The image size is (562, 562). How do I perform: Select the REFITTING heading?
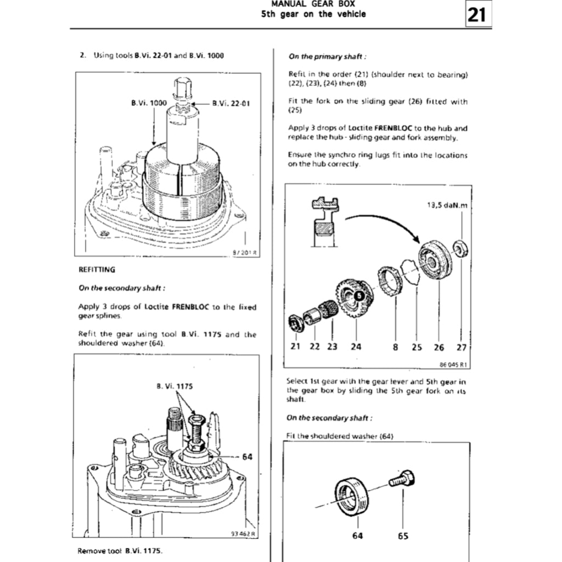click(x=97, y=269)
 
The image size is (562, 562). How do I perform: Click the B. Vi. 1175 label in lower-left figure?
click(x=175, y=386)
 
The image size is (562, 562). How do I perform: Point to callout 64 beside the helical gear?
click(x=247, y=456)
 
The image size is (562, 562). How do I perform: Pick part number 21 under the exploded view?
click(x=295, y=347)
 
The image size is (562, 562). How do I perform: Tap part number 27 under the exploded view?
click(x=461, y=347)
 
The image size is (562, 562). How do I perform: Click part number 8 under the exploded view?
click(x=395, y=347)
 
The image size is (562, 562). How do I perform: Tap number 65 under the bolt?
click(x=403, y=536)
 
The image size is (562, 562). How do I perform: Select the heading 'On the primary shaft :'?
click(x=328, y=56)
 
